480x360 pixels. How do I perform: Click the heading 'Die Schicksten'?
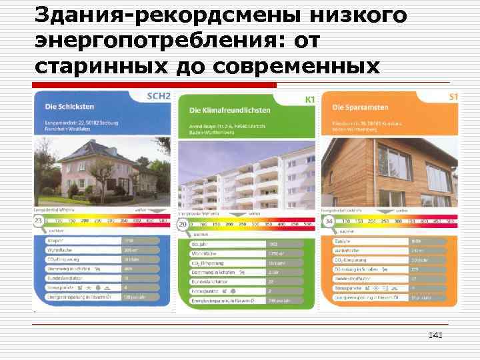point(70,106)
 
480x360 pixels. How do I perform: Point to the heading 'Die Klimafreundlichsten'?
point(230,109)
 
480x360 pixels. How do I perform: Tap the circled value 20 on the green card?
point(182,225)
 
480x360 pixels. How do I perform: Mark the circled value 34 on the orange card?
point(327,221)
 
